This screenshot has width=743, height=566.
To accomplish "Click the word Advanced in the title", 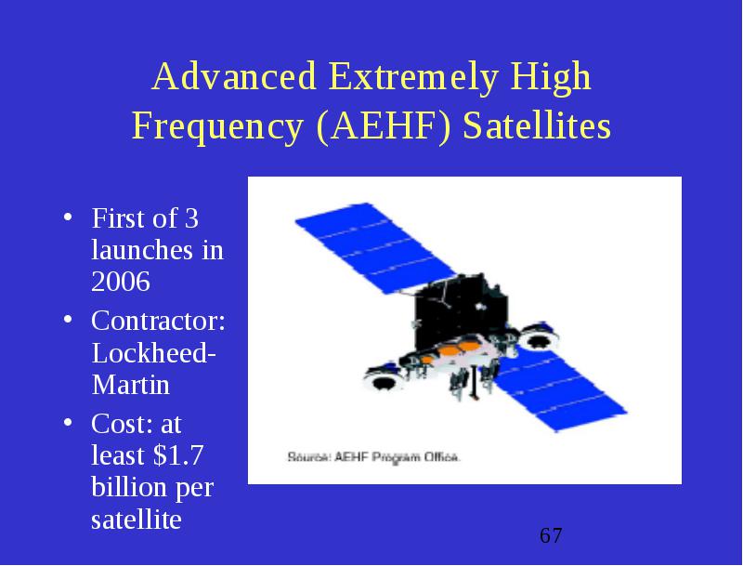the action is [x=234, y=76].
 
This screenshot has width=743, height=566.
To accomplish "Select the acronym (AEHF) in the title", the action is [x=383, y=126].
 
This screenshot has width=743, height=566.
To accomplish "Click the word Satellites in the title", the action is [x=537, y=125].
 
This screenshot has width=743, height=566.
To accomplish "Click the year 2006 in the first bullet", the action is [x=121, y=282].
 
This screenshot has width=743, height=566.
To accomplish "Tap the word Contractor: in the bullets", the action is [x=158, y=321].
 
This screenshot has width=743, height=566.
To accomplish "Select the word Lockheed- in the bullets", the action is [x=153, y=352].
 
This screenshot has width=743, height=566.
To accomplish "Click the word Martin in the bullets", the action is [x=130, y=385].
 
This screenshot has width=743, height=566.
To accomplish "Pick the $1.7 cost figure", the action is [x=177, y=454].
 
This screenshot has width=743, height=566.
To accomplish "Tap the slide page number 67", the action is [x=551, y=535].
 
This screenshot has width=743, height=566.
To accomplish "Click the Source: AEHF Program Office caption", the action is [x=373, y=457].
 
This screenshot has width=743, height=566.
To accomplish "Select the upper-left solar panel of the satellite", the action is [x=375, y=248].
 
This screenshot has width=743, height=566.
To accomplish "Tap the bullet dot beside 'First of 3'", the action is [x=68, y=217].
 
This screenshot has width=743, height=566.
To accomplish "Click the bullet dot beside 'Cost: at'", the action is [x=68, y=422].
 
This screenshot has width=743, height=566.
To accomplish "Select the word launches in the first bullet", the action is [x=142, y=250].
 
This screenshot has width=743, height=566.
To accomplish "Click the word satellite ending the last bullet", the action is [x=136, y=520].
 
